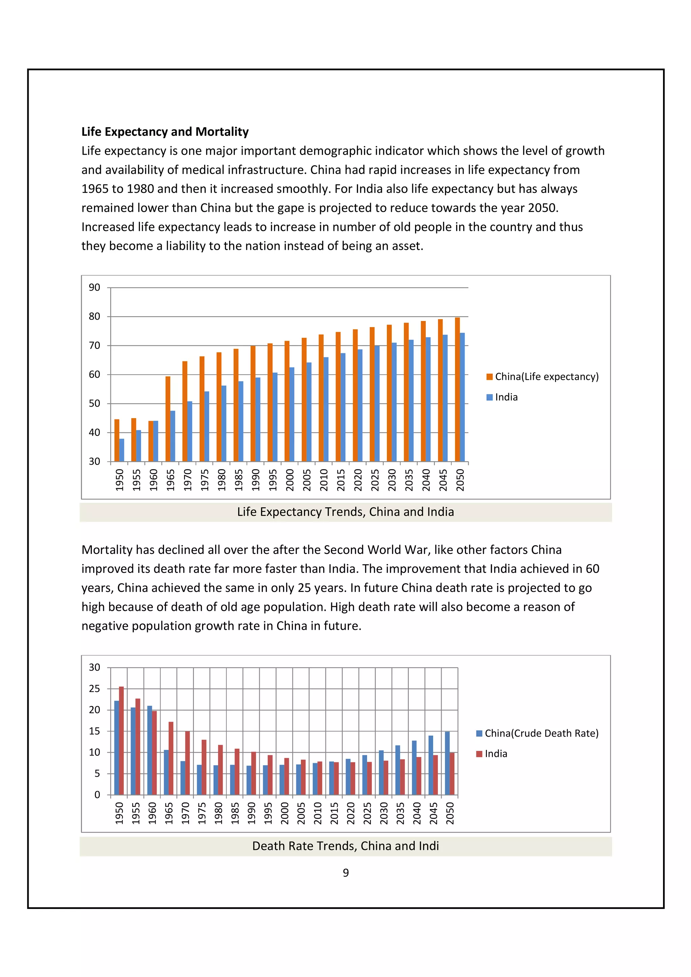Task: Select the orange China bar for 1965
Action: [168, 419]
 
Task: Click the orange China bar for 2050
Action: [457, 389]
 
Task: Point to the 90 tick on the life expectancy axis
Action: [94, 288]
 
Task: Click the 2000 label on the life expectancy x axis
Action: [290, 480]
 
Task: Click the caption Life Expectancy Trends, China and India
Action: [345, 512]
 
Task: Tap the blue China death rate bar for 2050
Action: [447, 763]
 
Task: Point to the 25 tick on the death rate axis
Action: [94, 688]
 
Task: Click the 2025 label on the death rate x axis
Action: [367, 813]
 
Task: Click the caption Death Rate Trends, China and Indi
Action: [345, 846]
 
